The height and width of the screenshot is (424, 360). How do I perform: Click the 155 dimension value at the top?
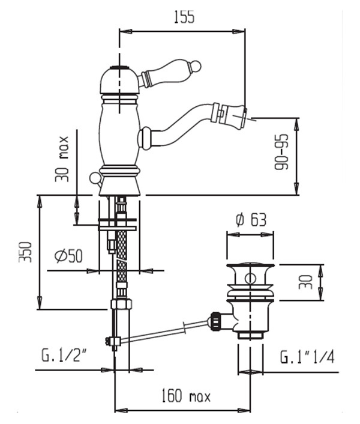point(184,17)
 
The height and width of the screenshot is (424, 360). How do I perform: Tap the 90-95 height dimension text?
point(281,152)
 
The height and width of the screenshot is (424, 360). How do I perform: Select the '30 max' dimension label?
point(62,159)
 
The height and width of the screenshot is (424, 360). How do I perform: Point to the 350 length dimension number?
point(25,252)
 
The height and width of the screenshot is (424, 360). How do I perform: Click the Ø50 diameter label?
point(68,255)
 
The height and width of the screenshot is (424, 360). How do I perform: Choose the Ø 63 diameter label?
point(251,220)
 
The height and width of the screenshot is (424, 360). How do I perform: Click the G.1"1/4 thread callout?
point(307,357)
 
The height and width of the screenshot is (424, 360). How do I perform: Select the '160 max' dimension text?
point(186,397)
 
